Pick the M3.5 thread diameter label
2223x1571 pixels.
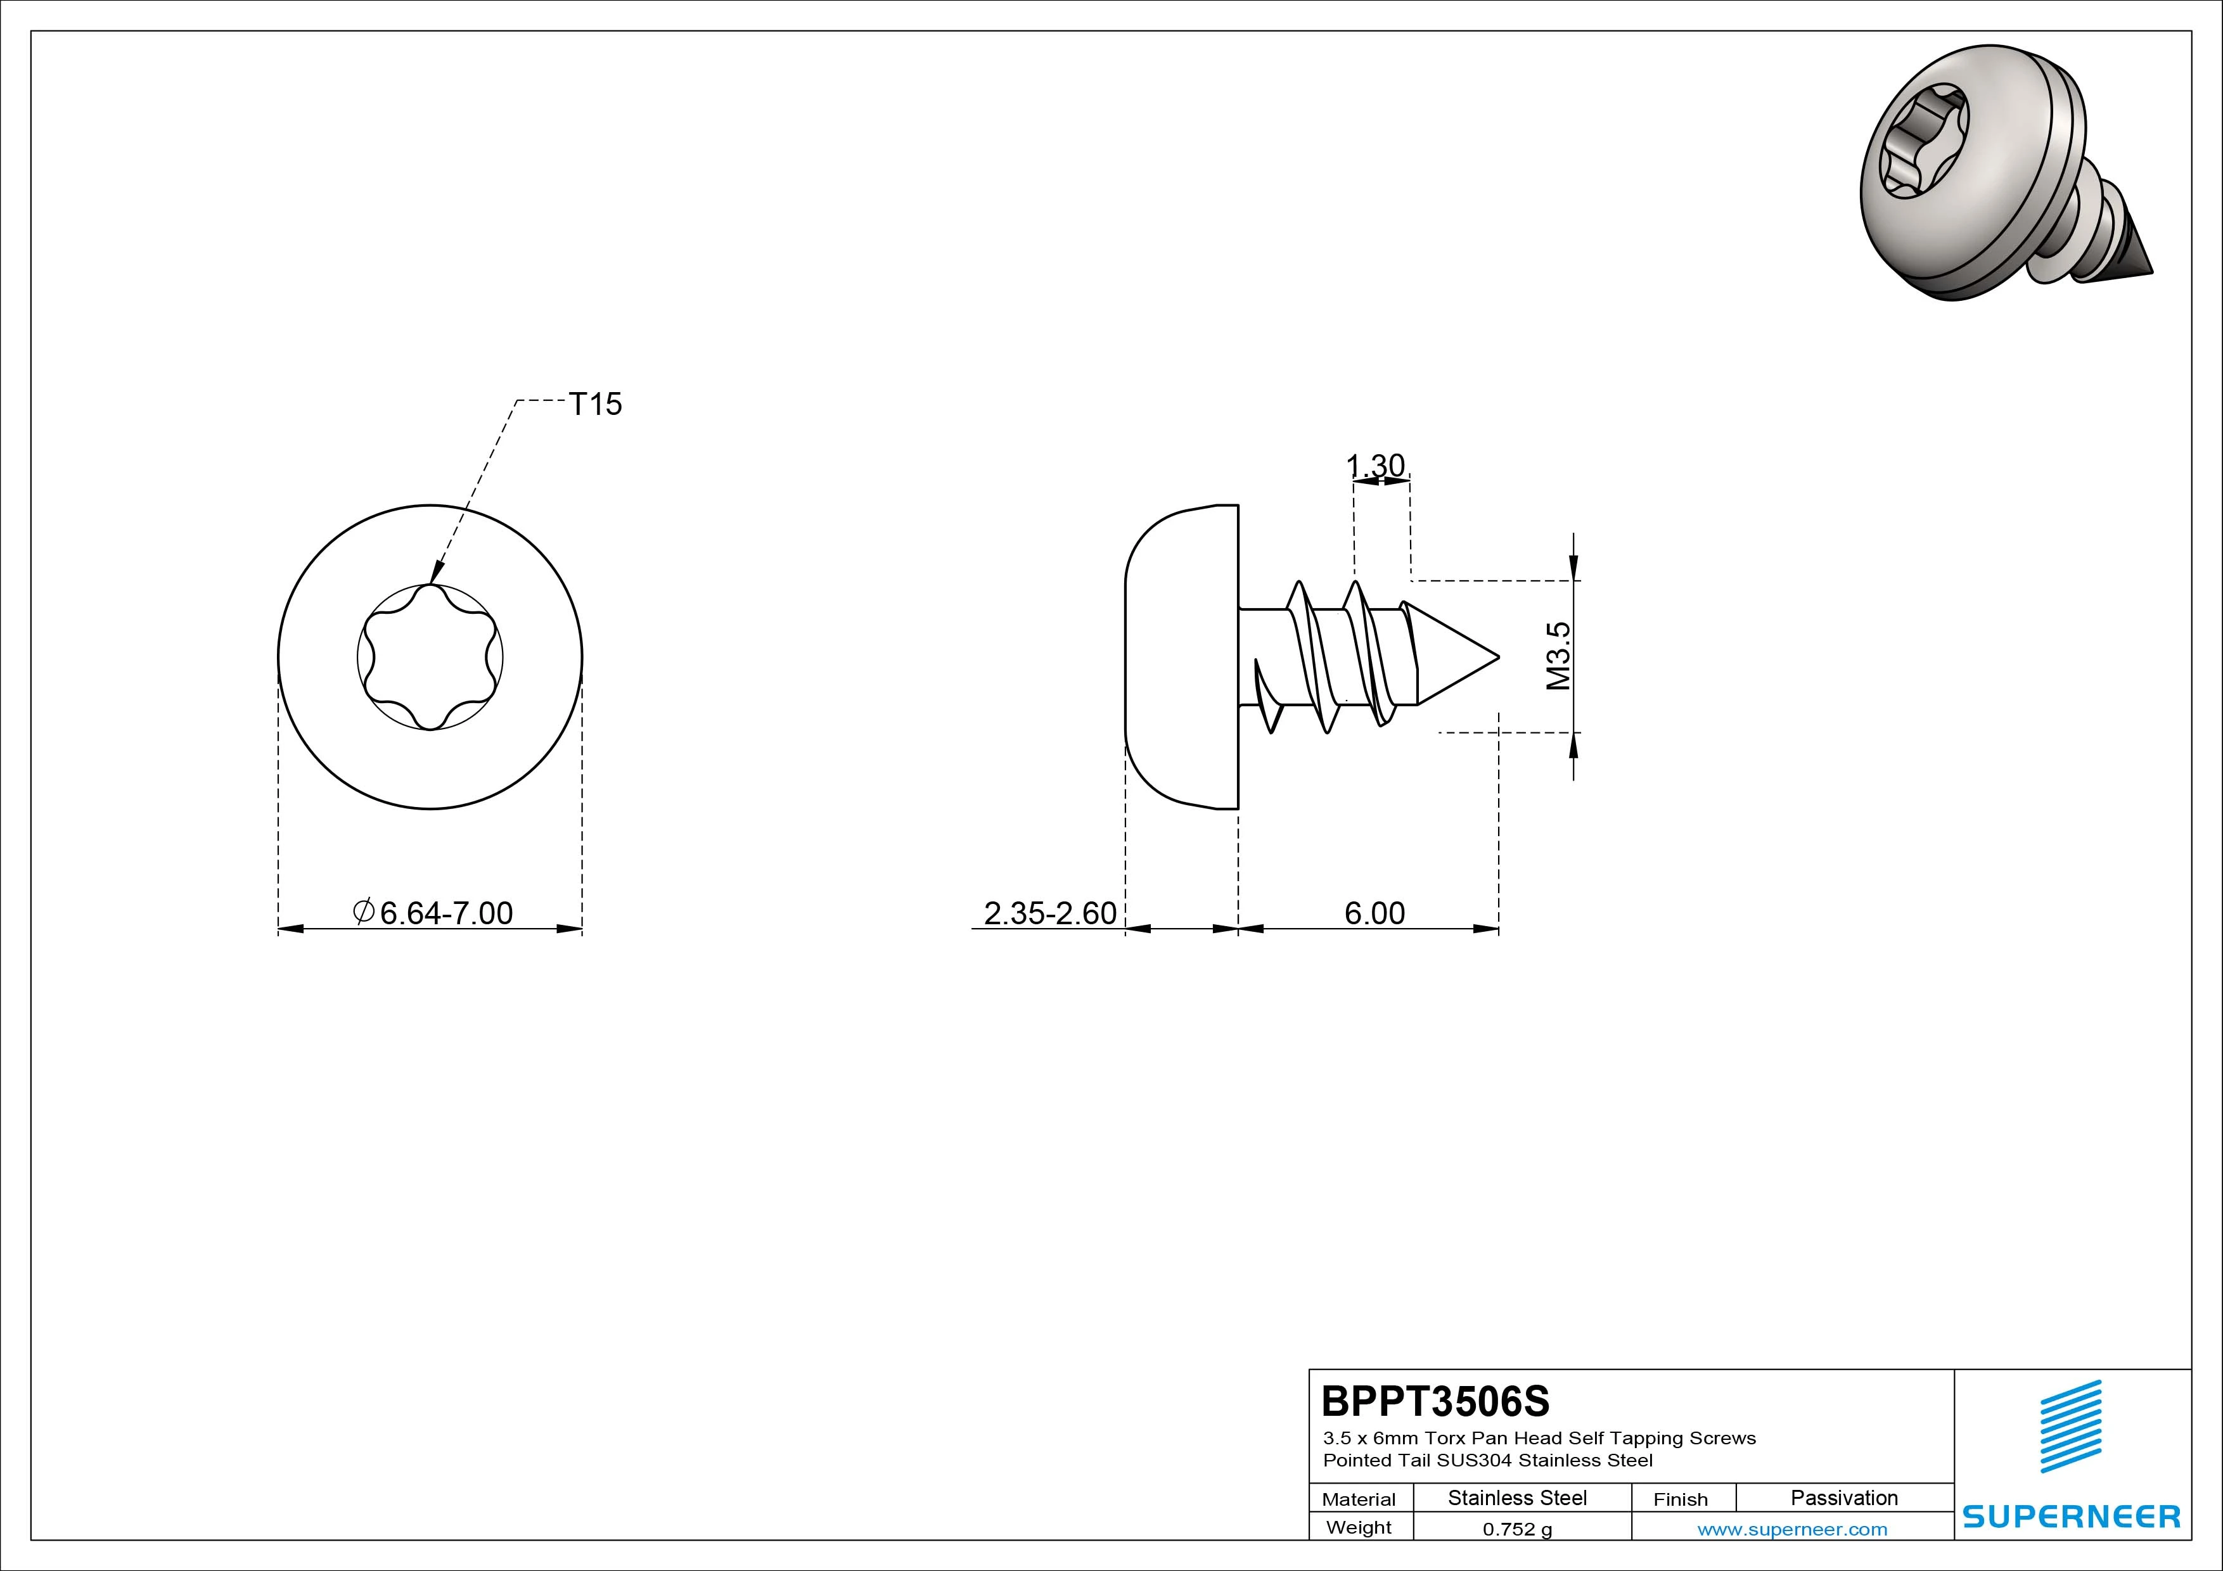click(x=1558, y=656)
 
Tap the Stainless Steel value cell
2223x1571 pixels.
click(x=1517, y=1498)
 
